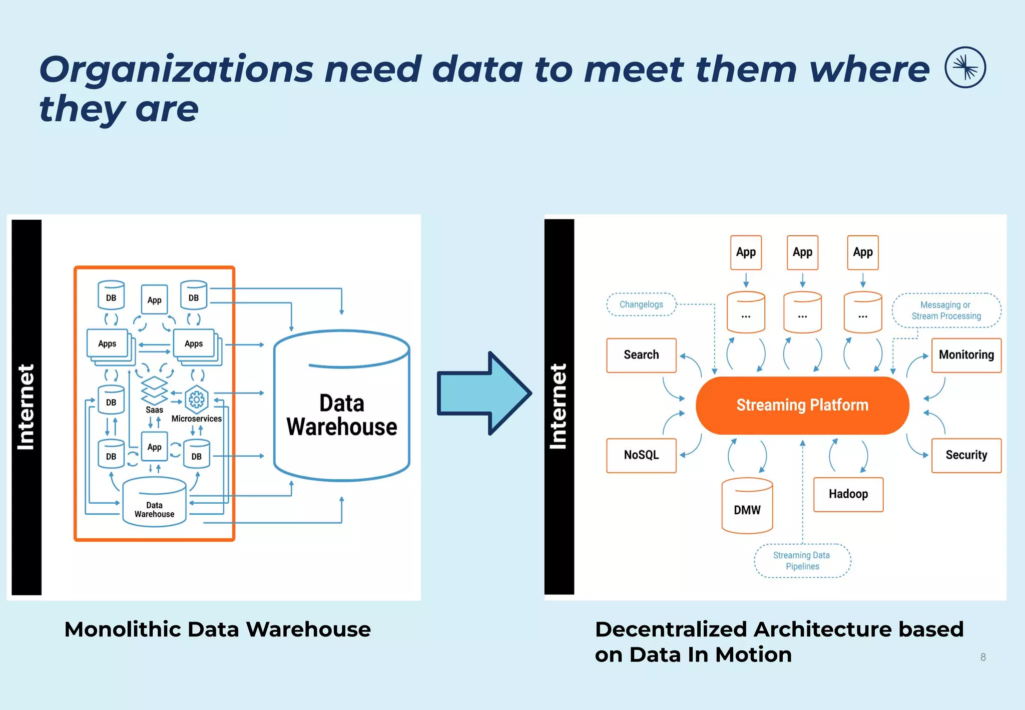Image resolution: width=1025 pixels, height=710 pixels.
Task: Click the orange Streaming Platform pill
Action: click(802, 405)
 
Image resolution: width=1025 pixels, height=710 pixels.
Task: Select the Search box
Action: click(641, 355)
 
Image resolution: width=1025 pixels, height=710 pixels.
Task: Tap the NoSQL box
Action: click(641, 455)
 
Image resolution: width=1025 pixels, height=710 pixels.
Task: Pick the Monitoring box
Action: click(966, 355)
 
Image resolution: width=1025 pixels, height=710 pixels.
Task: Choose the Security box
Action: click(966, 455)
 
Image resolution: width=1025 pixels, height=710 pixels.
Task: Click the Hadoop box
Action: click(848, 494)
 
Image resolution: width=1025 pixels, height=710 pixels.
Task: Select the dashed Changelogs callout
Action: click(641, 304)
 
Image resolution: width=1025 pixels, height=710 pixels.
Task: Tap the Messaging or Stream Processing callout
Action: click(946, 310)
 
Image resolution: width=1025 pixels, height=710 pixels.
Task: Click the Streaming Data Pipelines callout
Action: click(802, 561)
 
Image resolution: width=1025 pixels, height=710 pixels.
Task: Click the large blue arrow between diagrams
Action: click(483, 393)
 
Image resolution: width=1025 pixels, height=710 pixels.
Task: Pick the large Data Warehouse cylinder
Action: click(342, 406)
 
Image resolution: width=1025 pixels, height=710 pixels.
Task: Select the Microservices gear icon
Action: click(196, 399)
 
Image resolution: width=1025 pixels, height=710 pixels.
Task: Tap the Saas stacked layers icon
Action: click(154, 391)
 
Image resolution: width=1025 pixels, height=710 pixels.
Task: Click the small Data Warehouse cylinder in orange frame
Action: click(154, 502)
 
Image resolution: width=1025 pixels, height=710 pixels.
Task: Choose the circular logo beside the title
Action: click(965, 68)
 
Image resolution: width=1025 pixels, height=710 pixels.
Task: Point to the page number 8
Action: click(983, 657)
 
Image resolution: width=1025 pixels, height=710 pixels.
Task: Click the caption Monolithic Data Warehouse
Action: click(217, 629)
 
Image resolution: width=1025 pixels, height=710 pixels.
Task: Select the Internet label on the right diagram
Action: click(559, 407)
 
